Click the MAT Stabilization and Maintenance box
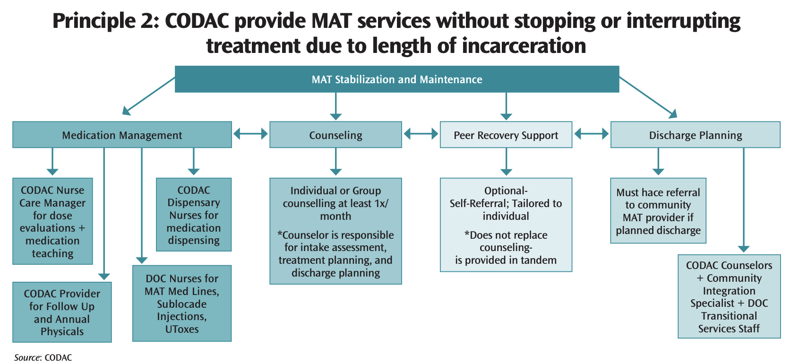click(397, 79)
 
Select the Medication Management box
click(122, 135)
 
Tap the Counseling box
click(335, 135)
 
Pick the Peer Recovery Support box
click(506, 135)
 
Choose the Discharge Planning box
click(695, 135)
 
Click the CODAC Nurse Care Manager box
click(52, 221)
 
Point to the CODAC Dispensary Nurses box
click(194, 215)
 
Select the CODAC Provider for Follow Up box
click(62, 312)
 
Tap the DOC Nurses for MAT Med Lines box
click(182, 303)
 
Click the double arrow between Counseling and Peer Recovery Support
click(421, 135)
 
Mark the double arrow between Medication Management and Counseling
click(250, 135)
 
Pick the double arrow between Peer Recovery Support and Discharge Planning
click(591, 135)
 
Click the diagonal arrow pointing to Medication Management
click(148, 96)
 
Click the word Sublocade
click(182, 304)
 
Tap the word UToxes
click(182, 329)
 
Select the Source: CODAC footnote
click(43, 357)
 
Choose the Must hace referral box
click(658, 211)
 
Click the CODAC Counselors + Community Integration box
click(729, 297)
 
